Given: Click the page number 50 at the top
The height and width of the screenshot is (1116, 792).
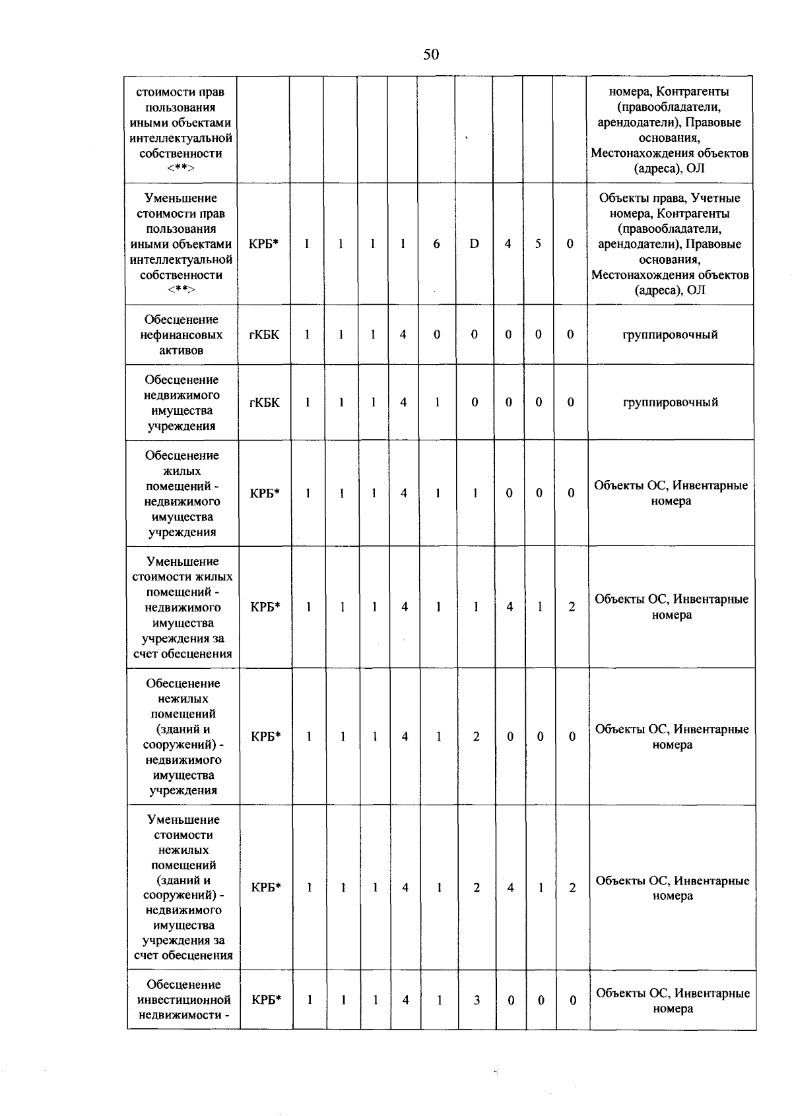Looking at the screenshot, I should (x=430, y=54).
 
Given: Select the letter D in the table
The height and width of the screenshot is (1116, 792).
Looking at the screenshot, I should (x=474, y=244).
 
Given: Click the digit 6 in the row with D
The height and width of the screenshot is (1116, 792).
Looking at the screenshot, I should (x=436, y=244).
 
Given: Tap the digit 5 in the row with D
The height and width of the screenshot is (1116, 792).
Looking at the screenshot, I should (x=538, y=244).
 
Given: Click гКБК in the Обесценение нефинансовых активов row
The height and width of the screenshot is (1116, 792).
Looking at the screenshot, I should (x=264, y=335).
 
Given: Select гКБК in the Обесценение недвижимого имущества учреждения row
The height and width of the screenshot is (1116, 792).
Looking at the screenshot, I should (x=264, y=403).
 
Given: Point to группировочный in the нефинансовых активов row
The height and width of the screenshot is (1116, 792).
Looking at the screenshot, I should (x=670, y=335).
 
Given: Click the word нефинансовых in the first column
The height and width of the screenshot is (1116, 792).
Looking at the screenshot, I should (x=181, y=335).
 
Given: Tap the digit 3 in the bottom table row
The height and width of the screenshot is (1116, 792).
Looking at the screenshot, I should (x=477, y=1001).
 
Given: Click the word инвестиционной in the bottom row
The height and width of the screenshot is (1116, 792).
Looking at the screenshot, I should (x=184, y=1000).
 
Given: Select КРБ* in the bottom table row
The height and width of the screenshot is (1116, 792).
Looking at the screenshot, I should (x=266, y=1000).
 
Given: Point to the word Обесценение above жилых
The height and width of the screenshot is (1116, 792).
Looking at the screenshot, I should (x=182, y=456).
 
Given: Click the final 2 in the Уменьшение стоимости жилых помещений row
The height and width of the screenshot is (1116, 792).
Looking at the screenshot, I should (x=572, y=607).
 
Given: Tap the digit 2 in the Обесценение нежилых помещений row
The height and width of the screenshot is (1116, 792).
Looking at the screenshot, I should (x=476, y=737).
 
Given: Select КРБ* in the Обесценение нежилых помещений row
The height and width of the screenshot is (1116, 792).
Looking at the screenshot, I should (x=266, y=737).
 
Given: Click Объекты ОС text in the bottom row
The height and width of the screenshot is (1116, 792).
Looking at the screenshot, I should (x=633, y=993).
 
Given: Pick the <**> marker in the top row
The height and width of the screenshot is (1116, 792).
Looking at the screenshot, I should (x=181, y=168).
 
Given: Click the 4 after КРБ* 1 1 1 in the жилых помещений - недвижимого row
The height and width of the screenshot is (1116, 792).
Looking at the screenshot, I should (x=404, y=493).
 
